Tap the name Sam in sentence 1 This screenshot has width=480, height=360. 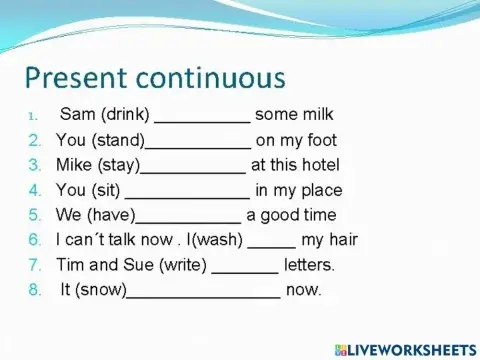tap(78, 114)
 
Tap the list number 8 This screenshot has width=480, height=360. tap(35, 291)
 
